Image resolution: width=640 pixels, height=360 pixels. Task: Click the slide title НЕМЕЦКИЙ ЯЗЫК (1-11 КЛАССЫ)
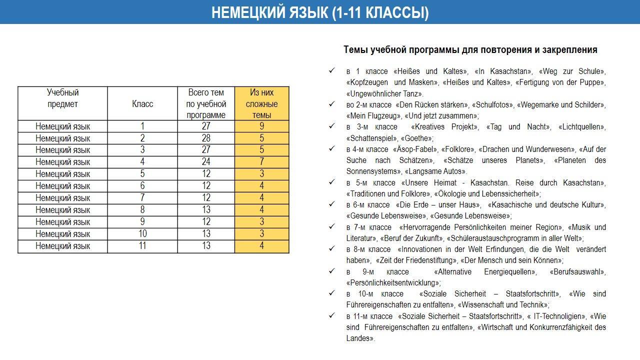[x=320, y=12]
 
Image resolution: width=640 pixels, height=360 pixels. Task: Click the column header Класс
[x=142, y=104]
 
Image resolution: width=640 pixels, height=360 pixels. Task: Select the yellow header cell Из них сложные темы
[x=261, y=104]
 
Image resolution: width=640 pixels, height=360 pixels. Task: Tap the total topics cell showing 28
[x=206, y=138]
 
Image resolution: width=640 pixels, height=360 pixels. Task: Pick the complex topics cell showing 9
[x=261, y=126]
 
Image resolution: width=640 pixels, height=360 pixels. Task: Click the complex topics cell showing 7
[x=261, y=162]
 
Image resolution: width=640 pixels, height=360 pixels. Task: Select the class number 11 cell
[x=142, y=246]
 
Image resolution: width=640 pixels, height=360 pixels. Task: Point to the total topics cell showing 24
[x=206, y=162]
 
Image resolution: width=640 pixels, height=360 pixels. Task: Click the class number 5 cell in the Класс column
[x=142, y=174]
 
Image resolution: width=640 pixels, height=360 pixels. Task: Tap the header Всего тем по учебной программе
[x=206, y=104]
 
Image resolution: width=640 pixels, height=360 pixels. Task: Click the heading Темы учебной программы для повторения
[x=470, y=50]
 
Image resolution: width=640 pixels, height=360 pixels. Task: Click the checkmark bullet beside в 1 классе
[x=331, y=71]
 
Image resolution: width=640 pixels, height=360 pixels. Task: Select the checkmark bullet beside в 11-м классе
[x=331, y=316]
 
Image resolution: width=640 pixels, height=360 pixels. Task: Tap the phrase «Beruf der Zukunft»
[x=411, y=238]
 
